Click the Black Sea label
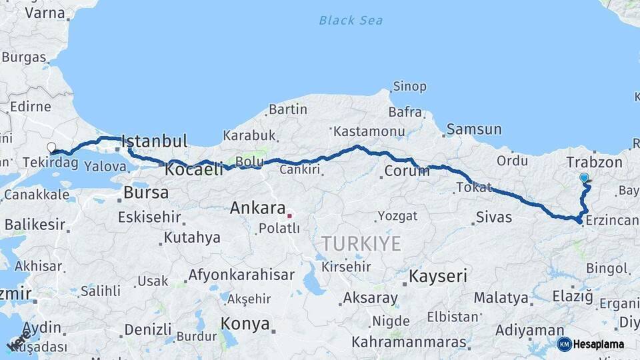[x=351, y=21]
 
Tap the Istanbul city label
[x=154, y=141]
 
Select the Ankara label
[x=257, y=208]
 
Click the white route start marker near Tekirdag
[x=51, y=147]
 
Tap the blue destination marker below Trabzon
[x=585, y=178]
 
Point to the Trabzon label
[x=594, y=163]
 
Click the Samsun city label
[x=474, y=129]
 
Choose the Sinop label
[x=409, y=87]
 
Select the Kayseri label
[x=437, y=276]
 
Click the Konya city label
[x=245, y=325]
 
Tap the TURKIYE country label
[x=361, y=244]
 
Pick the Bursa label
[x=146, y=193]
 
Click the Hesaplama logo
[x=591, y=344]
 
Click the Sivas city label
[x=494, y=217]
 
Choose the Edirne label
[x=30, y=107]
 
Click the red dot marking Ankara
[x=289, y=215]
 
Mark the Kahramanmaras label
[x=409, y=342]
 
